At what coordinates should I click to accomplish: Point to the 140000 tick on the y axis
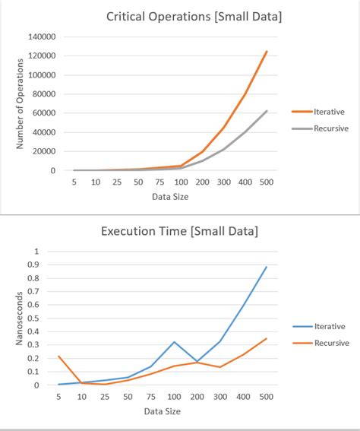pyautogui.click(x=42, y=36)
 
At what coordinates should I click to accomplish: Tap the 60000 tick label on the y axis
pyautogui.click(x=44, y=113)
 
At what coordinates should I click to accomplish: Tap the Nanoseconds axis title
pyautogui.click(x=21, y=318)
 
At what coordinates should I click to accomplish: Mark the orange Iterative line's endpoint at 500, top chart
pyautogui.click(x=267, y=52)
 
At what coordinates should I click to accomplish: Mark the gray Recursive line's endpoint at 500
pyautogui.click(x=267, y=111)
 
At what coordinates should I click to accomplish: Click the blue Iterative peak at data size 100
pyautogui.click(x=174, y=342)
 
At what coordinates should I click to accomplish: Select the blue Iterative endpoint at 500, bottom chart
pyautogui.click(x=267, y=267)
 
